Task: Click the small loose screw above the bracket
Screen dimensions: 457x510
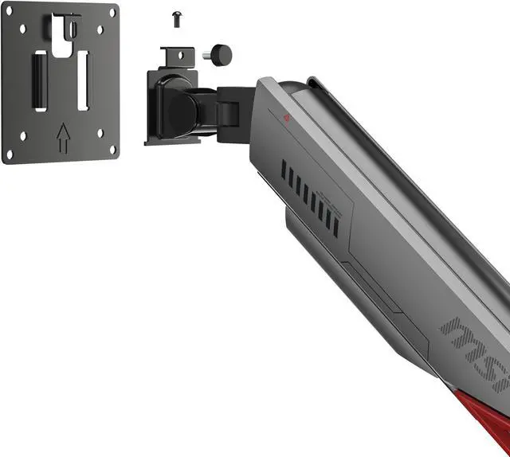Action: pyautogui.click(x=177, y=19)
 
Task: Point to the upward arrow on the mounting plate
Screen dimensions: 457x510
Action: pyautogui.click(x=62, y=137)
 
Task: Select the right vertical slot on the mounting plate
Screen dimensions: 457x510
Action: pyautogui.click(x=83, y=80)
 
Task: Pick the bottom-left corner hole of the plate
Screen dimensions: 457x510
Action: pyautogui.click(x=10, y=154)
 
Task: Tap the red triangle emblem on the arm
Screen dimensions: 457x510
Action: pyautogui.click(x=287, y=119)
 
